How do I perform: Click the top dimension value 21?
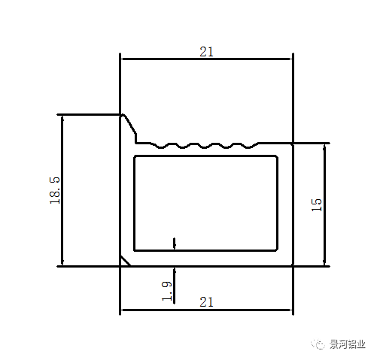[x=206, y=52]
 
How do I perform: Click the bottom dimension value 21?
[x=206, y=302]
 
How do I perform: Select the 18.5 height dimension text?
[x=55, y=190]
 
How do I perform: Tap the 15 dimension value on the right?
[x=316, y=205]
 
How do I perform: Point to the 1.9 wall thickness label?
[x=167, y=291]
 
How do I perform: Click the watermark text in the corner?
[x=347, y=344]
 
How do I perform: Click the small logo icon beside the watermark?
[x=318, y=344]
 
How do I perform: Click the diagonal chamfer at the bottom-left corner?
[x=126, y=261]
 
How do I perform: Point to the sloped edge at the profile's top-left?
[x=129, y=125]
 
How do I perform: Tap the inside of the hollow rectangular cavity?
[x=205, y=203]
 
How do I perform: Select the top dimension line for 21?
[x=206, y=59]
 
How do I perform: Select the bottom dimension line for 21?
[x=206, y=310]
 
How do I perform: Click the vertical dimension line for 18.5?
[x=62, y=190]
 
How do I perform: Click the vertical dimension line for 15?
[x=324, y=205]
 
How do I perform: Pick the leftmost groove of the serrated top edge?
[x=161, y=147]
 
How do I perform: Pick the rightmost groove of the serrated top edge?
[x=248, y=147]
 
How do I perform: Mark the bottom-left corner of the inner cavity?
[x=135, y=250]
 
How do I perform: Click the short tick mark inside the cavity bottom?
[x=175, y=244]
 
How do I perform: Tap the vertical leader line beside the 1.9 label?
[x=175, y=286]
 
